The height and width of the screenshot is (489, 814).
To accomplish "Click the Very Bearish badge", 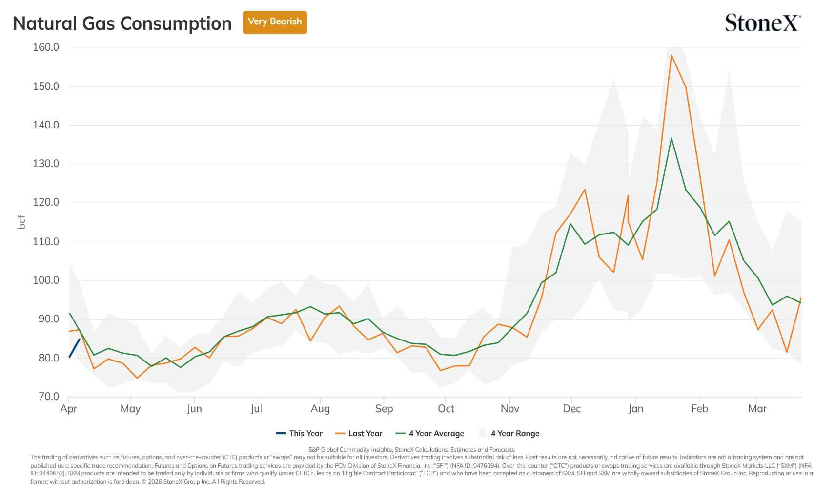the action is pyautogui.click(x=275, y=22).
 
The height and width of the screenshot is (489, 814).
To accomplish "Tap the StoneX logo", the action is pyautogui.click(x=763, y=22).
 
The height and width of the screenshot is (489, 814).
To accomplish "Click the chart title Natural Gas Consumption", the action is pyautogui.click(x=122, y=23).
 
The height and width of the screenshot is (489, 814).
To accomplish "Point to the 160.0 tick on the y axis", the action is pyautogui.click(x=46, y=47).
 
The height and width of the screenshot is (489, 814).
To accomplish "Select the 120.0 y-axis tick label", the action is pyautogui.click(x=46, y=202).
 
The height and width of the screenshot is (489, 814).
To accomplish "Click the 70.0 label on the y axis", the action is pyautogui.click(x=48, y=396).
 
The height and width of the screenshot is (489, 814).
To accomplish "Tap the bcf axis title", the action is pyautogui.click(x=22, y=222).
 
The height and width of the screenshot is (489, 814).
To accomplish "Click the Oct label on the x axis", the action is pyautogui.click(x=446, y=408).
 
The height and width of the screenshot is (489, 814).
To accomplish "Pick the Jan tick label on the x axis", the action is pyautogui.click(x=635, y=408).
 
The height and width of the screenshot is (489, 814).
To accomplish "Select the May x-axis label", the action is pyautogui.click(x=130, y=409).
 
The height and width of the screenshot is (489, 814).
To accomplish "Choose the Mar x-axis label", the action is pyautogui.click(x=757, y=408).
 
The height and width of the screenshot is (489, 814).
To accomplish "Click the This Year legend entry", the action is pyautogui.click(x=299, y=433).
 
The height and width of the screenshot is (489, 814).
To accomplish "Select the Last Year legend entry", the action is pyautogui.click(x=359, y=433).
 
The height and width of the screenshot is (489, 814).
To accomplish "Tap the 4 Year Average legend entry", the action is pyautogui.click(x=429, y=433).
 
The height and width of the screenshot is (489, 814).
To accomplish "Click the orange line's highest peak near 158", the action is pyautogui.click(x=671, y=55).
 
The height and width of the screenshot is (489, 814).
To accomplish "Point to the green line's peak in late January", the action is pyautogui.click(x=671, y=138).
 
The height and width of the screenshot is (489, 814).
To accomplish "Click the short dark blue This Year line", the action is pyautogui.click(x=75, y=348).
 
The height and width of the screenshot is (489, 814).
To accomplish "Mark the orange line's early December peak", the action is pyautogui.click(x=585, y=190).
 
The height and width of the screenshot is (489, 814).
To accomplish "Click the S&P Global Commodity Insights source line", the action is pyautogui.click(x=411, y=450).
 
